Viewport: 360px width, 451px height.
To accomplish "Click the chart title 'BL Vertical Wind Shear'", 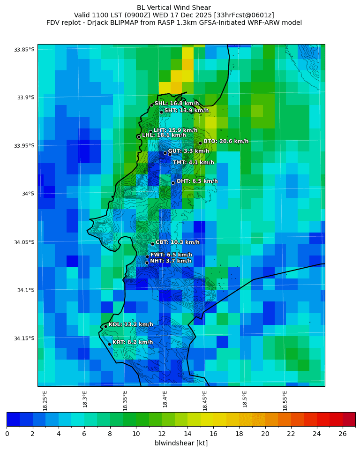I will tap(174, 8).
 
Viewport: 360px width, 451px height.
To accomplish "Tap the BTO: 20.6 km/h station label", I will tap(226, 141).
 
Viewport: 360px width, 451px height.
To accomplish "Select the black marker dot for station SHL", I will tap(151, 105).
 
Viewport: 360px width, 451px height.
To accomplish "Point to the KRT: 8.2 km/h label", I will tap(133, 342).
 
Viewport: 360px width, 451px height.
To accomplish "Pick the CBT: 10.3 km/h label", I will tap(177, 242).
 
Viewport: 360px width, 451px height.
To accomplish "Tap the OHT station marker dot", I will tap(173, 183).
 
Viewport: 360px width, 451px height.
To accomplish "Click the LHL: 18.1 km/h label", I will tap(164, 135).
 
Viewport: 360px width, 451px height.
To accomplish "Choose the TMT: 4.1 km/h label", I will tap(193, 162).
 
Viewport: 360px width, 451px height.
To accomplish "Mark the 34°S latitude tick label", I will tap(26, 194).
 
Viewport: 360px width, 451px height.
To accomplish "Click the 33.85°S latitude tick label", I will tap(24, 50).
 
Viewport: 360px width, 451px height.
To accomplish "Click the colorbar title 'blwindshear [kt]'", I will tap(181, 443).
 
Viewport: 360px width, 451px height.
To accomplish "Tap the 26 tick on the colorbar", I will tap(343, 434).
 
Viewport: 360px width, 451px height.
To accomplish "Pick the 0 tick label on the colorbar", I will tap(7, 434).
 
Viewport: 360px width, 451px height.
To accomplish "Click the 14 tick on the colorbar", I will tap(187, 434).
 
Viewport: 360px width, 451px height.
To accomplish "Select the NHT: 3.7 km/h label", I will tap(171, 261).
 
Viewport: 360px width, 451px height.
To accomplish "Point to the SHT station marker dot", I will tap(161, 112).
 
